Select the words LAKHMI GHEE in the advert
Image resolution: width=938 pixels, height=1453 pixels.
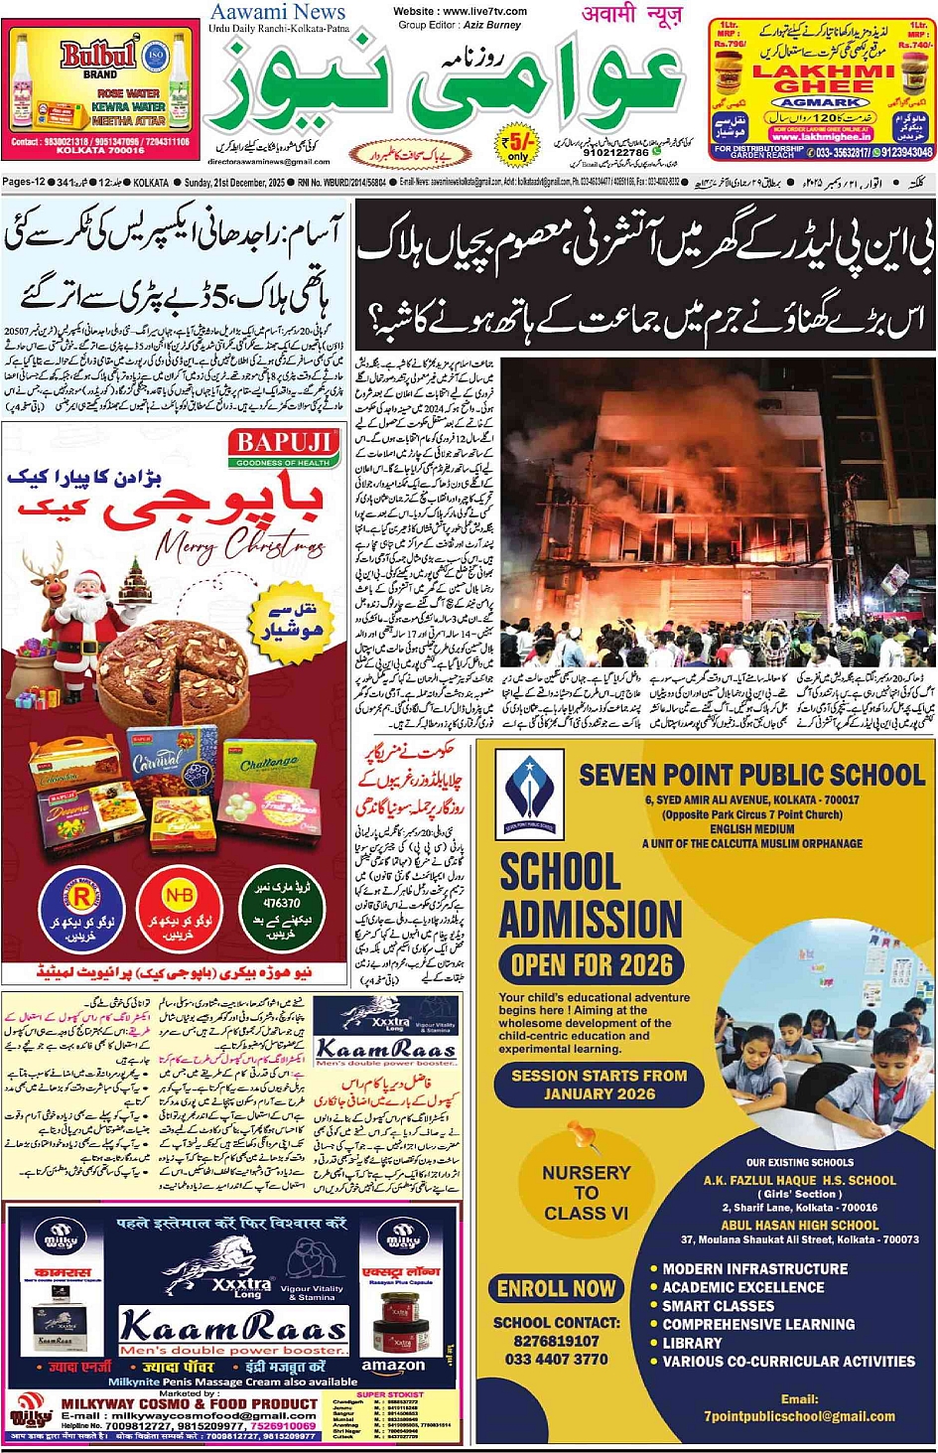[x=823, y=78]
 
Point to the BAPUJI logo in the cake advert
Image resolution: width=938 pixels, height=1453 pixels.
[x=283, y=446]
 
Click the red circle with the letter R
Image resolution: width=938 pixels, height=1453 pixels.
[x=81, y=901]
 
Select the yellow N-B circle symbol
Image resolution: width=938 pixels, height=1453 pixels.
[x=180, y=897]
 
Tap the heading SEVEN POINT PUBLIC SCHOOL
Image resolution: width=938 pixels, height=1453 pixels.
[x=751, y=776]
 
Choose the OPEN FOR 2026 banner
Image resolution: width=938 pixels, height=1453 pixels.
[x=592, y=964]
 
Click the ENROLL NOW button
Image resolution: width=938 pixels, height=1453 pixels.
[x=556, y=1289]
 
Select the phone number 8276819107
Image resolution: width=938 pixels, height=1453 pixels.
[x=556, y=1341]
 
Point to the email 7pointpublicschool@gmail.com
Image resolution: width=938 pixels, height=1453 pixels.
[x=799, y=1416]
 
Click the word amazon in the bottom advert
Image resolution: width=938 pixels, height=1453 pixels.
[x=393, y=1366]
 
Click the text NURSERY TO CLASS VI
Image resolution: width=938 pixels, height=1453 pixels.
[x=586, y=1193]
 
